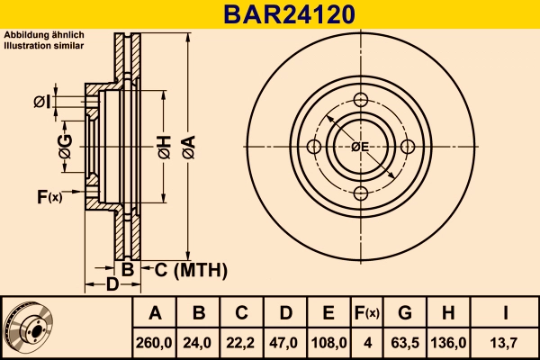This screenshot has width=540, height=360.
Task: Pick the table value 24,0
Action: (200, 342)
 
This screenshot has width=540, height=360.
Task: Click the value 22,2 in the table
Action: (242, 342)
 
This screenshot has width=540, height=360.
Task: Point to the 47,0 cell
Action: (285, 342)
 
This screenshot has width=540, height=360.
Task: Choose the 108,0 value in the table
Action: (328, 342)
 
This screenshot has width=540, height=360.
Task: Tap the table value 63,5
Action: (405, 342)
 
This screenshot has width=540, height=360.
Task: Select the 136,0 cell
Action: (450, 342)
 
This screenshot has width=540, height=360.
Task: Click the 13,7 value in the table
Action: (506, 342)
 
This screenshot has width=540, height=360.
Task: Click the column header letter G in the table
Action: (405, 313)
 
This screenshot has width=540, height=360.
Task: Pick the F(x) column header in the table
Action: (366, 313)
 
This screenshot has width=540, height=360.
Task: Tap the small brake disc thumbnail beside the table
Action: (29, 328)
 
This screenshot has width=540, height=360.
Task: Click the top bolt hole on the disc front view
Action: (360, 100)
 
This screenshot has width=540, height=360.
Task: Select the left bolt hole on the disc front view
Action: (314, 147)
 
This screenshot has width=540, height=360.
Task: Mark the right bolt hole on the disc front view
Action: (407, 147)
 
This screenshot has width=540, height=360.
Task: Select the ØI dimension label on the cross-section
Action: (41, 102)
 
